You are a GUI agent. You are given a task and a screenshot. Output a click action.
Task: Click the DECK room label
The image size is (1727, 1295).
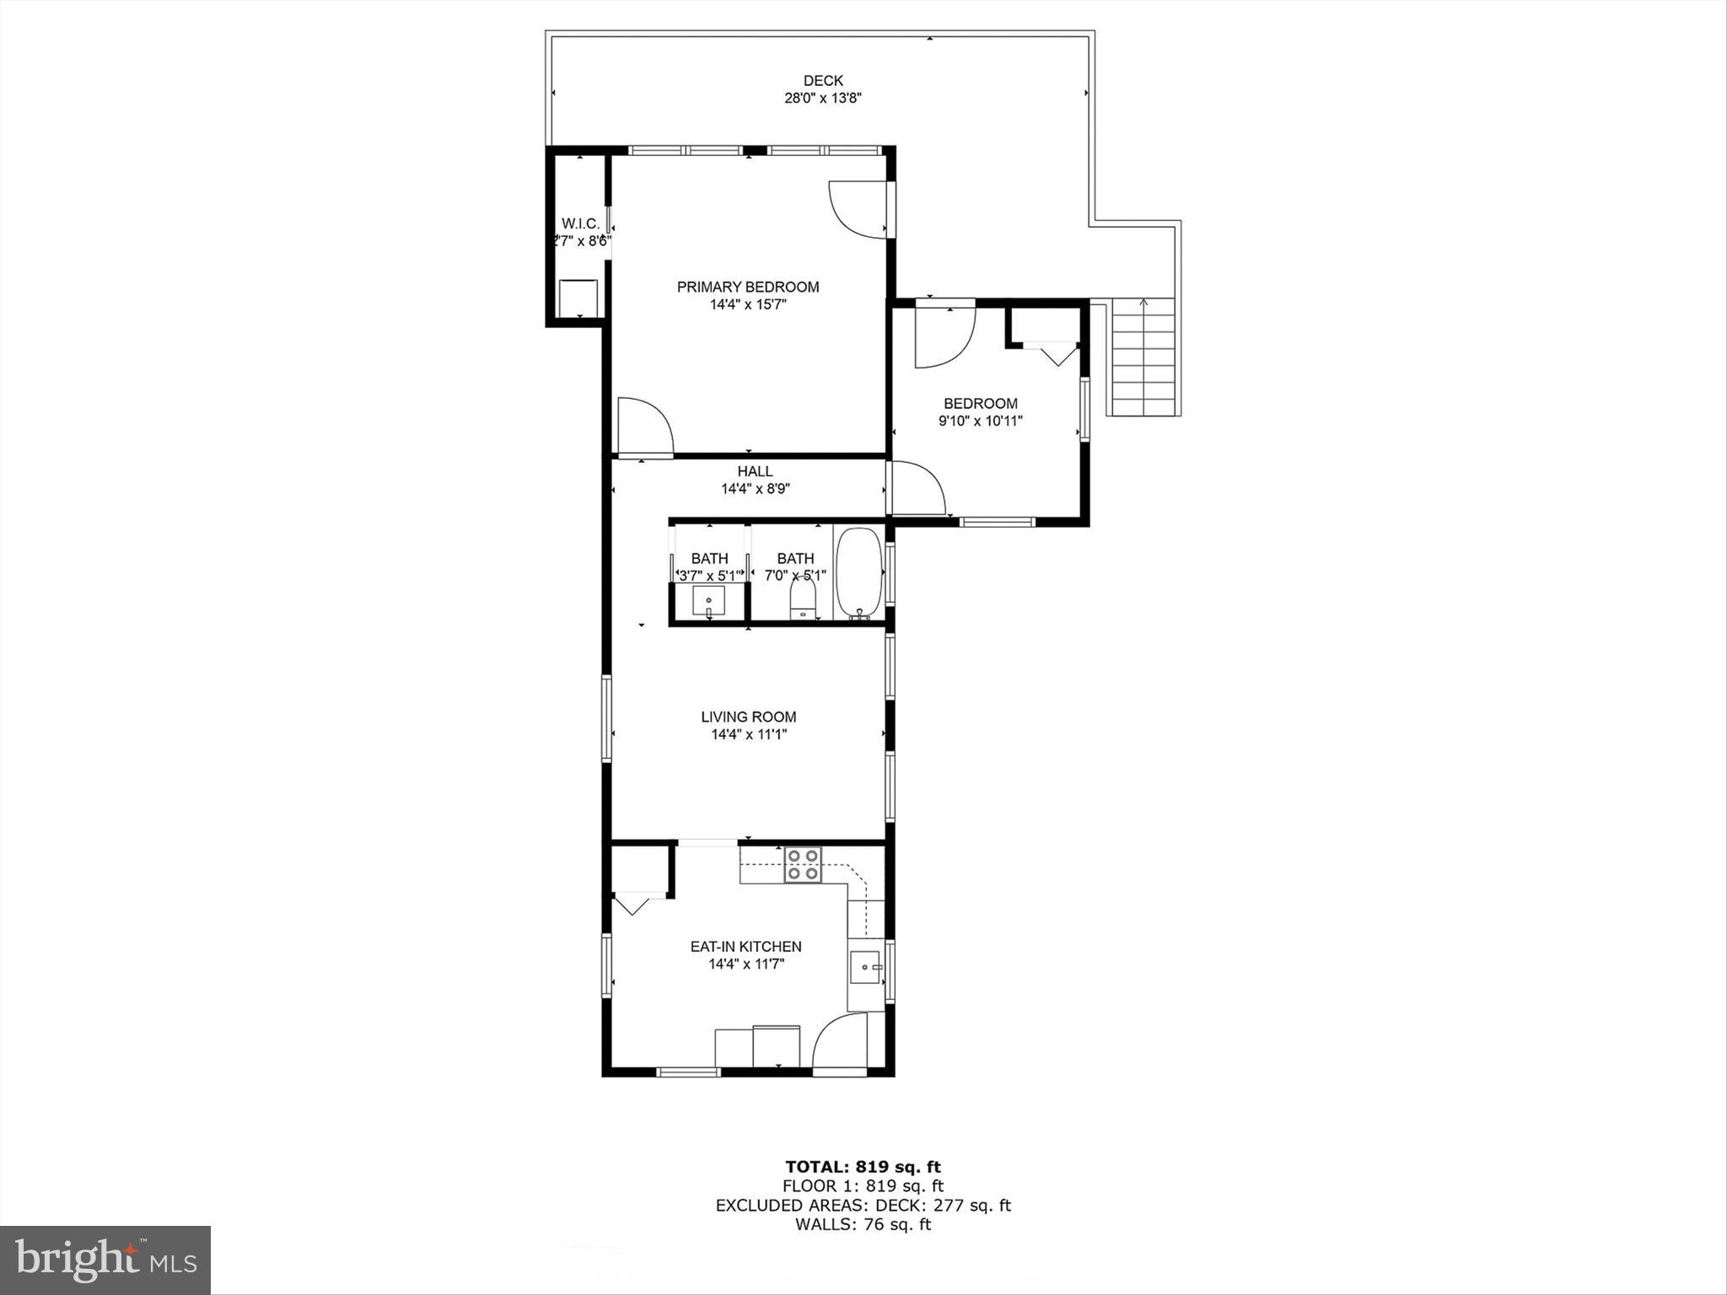coord(822,81)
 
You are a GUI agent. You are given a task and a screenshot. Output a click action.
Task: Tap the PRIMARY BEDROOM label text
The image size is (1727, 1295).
coord(748,287)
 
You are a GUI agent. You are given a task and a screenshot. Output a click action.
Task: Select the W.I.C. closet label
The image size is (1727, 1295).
coord(580,223)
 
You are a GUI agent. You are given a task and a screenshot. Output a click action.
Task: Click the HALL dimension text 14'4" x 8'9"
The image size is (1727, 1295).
coord(755,488)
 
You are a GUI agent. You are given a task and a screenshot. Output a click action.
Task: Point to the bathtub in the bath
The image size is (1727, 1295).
coord(859,573)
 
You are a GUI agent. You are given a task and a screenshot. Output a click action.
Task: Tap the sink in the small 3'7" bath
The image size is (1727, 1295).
coord(708,602)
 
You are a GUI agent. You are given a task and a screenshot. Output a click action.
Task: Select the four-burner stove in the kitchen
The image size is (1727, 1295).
coord(803,865)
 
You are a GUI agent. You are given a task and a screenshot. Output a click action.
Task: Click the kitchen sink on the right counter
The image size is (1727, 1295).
coord(865,966)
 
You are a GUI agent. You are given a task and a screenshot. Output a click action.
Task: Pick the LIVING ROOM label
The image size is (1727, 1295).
coord(748,717)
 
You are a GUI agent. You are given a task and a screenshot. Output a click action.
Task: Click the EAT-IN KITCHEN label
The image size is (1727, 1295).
coord(745,947)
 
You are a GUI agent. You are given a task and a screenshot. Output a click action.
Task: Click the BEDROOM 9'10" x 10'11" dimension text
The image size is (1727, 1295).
coord(980,421)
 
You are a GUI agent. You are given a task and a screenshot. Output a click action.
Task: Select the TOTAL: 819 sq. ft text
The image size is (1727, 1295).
coord(863,1167)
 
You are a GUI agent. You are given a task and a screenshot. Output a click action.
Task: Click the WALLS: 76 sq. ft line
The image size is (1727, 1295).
coord(863,1224)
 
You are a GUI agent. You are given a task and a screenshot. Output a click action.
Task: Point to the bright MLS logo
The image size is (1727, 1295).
coord(105,1260)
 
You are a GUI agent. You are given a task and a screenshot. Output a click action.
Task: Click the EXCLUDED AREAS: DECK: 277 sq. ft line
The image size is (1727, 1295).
coord(863,1205)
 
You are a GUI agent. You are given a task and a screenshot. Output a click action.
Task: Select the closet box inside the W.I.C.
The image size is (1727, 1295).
coord(578,298)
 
